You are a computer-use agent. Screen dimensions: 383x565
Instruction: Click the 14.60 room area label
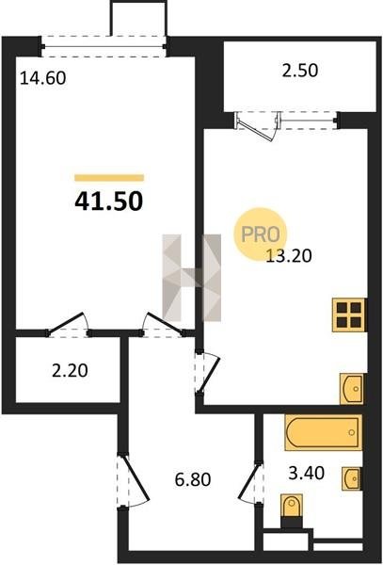[x=43, y=78]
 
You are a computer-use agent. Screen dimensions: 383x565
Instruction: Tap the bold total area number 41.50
[x=109, y=202]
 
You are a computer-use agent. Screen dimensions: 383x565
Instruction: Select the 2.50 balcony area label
[x=300, y=71]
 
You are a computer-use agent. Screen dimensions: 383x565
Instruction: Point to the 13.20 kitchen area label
[x=289, y=255]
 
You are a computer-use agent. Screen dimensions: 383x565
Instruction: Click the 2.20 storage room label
[x=70, y=370]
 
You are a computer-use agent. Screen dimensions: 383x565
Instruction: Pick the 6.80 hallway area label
[x=193, y=479]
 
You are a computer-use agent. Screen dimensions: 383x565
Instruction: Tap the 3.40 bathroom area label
[x=307, y=473]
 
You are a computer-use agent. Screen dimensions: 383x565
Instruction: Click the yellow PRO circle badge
[x=261, y=234]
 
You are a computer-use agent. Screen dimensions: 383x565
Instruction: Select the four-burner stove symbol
[x=349, y=315]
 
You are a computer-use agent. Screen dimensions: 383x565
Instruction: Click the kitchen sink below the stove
[x=353, y=389]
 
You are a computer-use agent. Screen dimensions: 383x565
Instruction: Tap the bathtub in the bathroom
[x=323, y=432]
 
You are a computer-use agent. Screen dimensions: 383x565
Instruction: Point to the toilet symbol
[x=292, y=509]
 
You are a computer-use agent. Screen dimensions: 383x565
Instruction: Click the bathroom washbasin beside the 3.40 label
[x=351, y=478]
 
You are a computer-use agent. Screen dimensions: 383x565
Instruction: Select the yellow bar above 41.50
[x=109, y=178]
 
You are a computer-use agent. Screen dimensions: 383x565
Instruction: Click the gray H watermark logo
[x=192, y=278]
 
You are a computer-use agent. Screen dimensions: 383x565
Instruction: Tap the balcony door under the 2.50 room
[x=258, y=126]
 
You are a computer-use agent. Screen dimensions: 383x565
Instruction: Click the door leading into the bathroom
[x=250, y=483]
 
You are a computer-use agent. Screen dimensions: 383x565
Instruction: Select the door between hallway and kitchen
[x=207, y=372]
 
